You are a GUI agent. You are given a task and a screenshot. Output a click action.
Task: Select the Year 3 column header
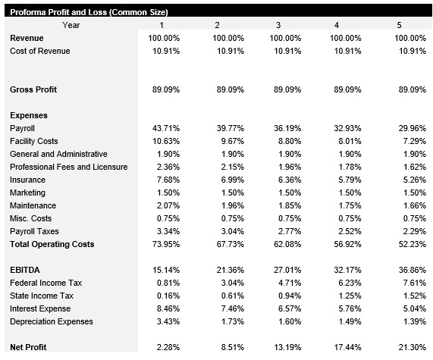[x=278, y=26]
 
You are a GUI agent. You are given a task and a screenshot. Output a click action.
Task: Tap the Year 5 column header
[x=400, y=26]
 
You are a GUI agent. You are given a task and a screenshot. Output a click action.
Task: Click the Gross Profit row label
[x=34, y=89]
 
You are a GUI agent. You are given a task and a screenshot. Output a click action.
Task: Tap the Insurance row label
[x=27, y=180]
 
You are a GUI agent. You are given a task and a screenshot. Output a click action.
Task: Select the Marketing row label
[x=28, y=193]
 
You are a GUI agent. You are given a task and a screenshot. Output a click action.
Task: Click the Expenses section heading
[x=30, y=115]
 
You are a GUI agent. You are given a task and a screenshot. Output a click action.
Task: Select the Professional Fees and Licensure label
[x=68, y=167]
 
